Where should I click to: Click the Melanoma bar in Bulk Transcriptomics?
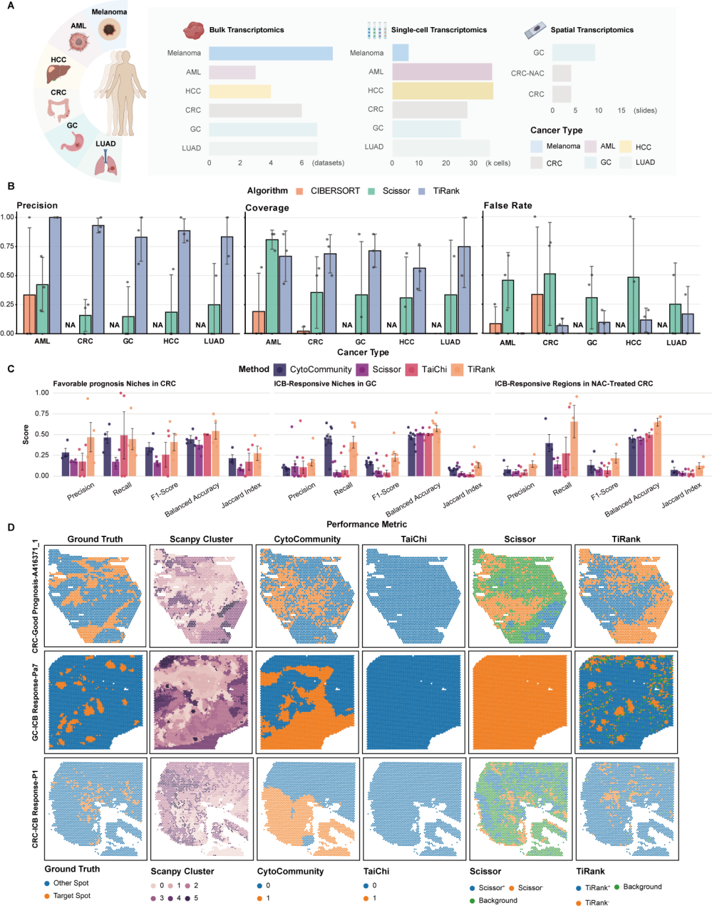(270, 53)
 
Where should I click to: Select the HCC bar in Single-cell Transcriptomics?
(442, 90)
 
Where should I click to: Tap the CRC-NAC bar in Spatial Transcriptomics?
(562, 73)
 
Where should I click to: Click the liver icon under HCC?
(58, 74)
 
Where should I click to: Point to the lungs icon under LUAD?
(105, 162)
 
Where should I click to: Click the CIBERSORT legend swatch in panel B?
(299, 191)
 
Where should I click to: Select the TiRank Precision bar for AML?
(55, 275)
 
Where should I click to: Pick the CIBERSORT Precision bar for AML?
(29, 314)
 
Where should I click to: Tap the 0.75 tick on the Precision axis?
(7, 246)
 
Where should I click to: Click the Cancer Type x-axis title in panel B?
(363, 352)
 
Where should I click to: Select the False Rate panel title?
(508, 206)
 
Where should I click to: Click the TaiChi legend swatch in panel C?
(411, 370)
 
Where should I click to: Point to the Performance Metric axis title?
(367, 525)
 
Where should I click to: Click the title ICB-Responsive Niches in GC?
(325, 383)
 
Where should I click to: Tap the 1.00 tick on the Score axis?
(42, 393)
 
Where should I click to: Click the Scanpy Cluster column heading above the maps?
(201, 539)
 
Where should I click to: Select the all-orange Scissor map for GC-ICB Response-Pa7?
(519, 703)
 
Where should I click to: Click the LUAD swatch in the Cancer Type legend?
(626, 162)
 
